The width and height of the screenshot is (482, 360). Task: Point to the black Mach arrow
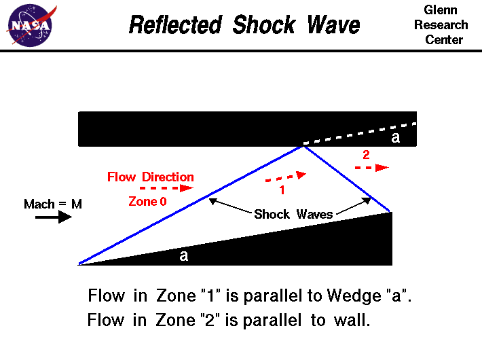[x=54, y=217]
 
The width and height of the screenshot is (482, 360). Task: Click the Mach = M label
[x=52, y=204]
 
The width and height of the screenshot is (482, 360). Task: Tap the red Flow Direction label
[x=150, y=177]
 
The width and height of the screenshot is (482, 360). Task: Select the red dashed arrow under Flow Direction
[x=166, y=187]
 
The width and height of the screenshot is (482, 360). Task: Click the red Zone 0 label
[x=147, y=201]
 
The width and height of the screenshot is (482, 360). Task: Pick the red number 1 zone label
[x=282, y=191]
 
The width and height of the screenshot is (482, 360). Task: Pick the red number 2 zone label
[x=366, y=154]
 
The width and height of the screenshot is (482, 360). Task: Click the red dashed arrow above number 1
[x=285, y=177]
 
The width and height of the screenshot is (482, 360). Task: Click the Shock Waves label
[x=293, y=215]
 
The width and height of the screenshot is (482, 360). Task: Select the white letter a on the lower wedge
[x=183, y=255]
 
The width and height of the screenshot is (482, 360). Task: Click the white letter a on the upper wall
[x=396, y=138]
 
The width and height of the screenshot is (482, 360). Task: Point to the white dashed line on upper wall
[x=360, y=134]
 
